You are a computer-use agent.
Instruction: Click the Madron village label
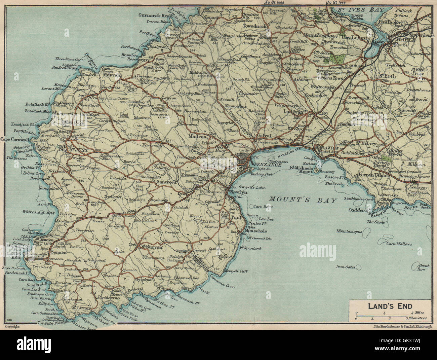[199, 137]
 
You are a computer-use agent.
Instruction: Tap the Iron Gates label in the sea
[346, 267]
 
